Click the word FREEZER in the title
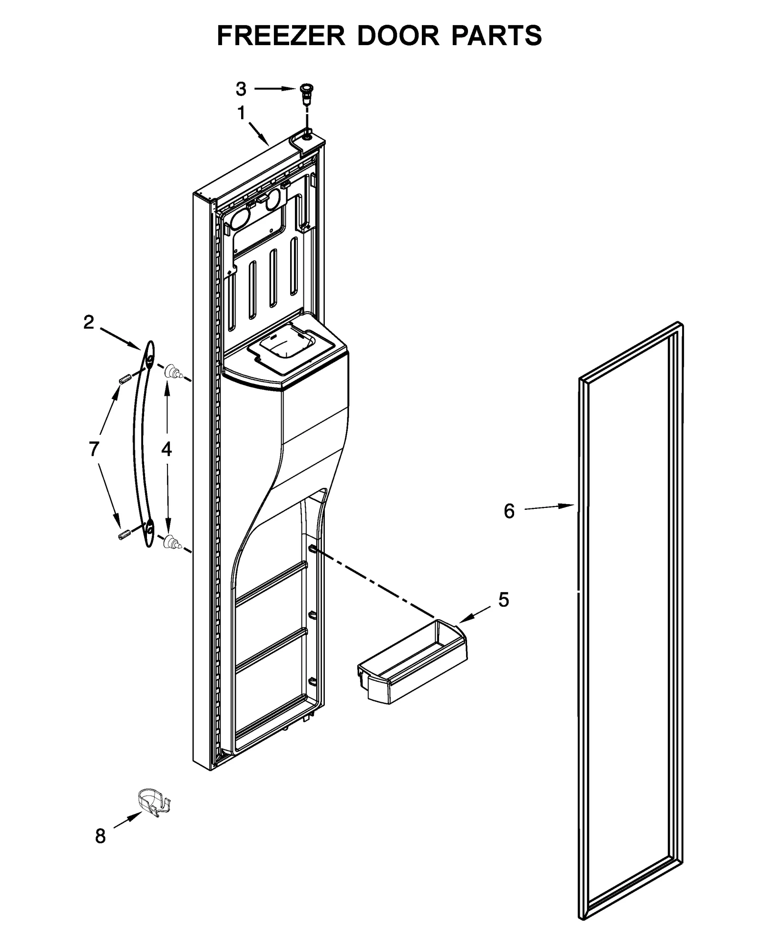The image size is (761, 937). click(x=281, y=35)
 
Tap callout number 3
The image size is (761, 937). click(x=241, y=89)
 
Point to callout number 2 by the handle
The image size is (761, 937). click(x=89, y=323)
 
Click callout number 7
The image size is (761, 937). click(x=94, y=449)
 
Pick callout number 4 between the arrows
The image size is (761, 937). click(x=166, y=449)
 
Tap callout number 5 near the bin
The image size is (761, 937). click(x=504, y=600)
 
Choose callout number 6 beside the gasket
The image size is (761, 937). click(x=509, y=512)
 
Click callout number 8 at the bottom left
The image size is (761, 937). click(x=100, y=836)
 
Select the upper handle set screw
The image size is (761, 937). click(x=125, y=379)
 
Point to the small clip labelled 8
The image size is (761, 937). click(x=153, y=805)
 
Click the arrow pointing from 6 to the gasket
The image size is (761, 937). click(x=552, y=507)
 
